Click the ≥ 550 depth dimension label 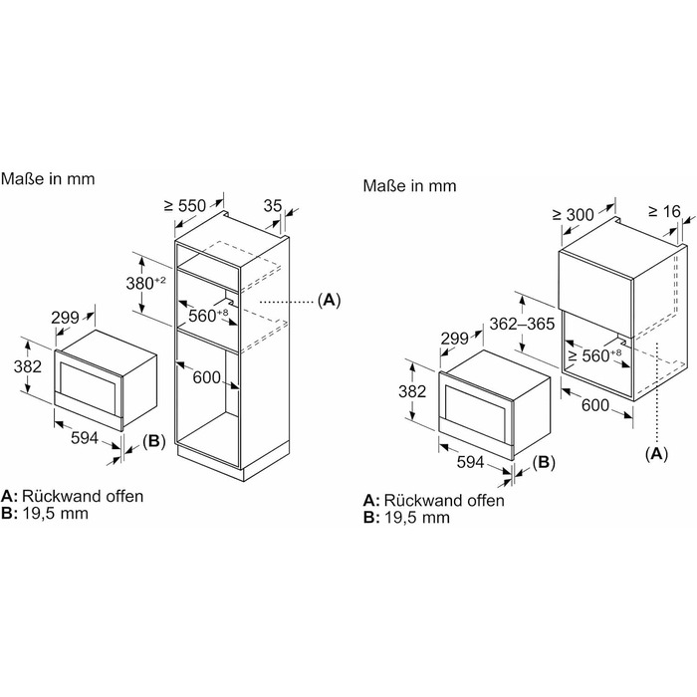coord(185,206)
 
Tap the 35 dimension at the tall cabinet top coord(273,206)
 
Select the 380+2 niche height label coord(145,283)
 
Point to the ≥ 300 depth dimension coord(573,215)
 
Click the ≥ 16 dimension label coord(664,211)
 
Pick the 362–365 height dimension coord(522,324)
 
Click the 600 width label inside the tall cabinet coord(207,377)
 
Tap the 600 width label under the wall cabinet coord(595,405)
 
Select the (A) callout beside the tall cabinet coord(329,300)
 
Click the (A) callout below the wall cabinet coord(656,453)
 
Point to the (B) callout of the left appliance coord(154,440)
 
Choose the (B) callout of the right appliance coord(544,462)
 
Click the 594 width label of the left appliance coord(85,438)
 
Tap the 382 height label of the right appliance coord(412,391)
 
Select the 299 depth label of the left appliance coord(65,318)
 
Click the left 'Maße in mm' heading coord(48,178)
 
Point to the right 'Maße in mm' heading coord(410,185)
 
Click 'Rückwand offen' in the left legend coord(83,496)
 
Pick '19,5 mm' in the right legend coord(417,518)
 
